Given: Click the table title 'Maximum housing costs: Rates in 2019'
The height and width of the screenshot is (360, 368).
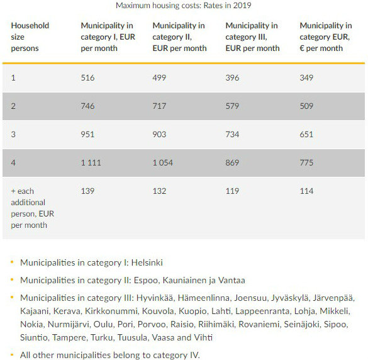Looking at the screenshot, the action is [x=183, y=6].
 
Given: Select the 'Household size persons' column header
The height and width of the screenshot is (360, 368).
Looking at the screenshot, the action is [x=30, y=37].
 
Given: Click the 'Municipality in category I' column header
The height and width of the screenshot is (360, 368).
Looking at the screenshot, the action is [x=108, y=37].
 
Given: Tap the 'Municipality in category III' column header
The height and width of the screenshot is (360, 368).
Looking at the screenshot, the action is [x=252, y=37].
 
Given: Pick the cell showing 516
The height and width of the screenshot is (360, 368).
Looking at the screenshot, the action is [x=87, y=77].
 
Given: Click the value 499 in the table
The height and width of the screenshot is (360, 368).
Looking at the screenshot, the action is [x=160, y=77].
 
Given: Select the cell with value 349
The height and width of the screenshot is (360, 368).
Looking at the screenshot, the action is [x=306, y=77].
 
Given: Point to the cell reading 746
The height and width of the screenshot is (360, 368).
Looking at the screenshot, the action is [x=87, y=106].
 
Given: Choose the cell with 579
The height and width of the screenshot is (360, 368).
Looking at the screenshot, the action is [x=232, y=106].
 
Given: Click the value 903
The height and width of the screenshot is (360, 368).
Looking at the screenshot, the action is [x=160, y=135].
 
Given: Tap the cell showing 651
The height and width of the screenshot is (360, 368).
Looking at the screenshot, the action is [x=306, y=135].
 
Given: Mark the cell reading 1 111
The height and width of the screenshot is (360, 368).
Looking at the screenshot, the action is [x=91, y=163].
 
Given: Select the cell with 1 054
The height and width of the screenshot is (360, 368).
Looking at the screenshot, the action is [x=164, y=163].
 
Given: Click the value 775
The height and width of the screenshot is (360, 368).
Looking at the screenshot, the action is [x=306, y=163].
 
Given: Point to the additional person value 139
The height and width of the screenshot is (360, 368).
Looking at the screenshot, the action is [x=87, y=191].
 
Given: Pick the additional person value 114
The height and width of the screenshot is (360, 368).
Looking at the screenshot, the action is [x=306, y=191].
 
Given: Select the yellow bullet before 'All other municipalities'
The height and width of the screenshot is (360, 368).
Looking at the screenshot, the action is [x=12, y=356].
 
